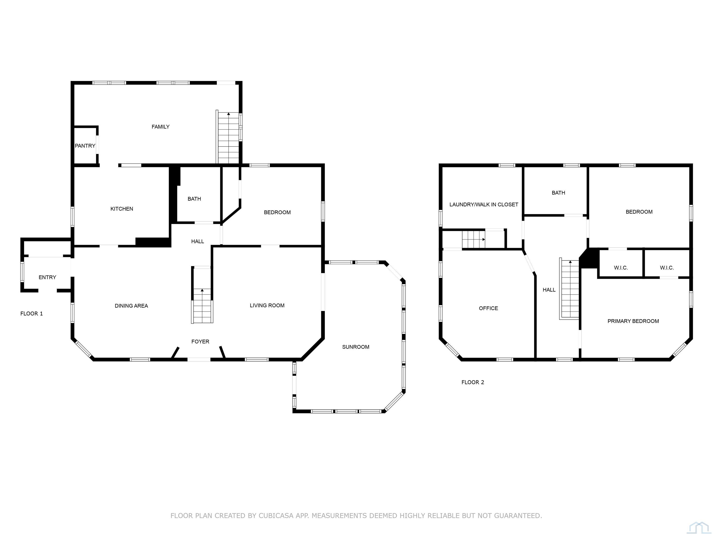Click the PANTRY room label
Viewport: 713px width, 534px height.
[x=85, y=146]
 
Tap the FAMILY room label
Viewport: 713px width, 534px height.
[x=161, y=127]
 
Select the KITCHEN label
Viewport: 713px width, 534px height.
[x=122, y=209]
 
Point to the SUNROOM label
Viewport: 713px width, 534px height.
[x=356, y=347]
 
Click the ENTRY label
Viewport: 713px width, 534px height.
[x=47, y=277]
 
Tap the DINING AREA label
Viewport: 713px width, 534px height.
[x=132, y=306]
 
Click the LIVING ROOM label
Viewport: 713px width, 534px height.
[x=267, y=305]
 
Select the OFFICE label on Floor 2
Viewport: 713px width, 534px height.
[x=488, y=308]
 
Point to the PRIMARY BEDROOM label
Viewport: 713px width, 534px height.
[x=633, y=321]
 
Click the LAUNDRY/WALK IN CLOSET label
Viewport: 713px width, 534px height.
[x=484, y=204]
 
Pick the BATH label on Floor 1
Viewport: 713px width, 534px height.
[x=194, y=199]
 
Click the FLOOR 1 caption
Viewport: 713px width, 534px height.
[x=32, y=314]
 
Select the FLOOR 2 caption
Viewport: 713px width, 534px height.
[x=473, y=382]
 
